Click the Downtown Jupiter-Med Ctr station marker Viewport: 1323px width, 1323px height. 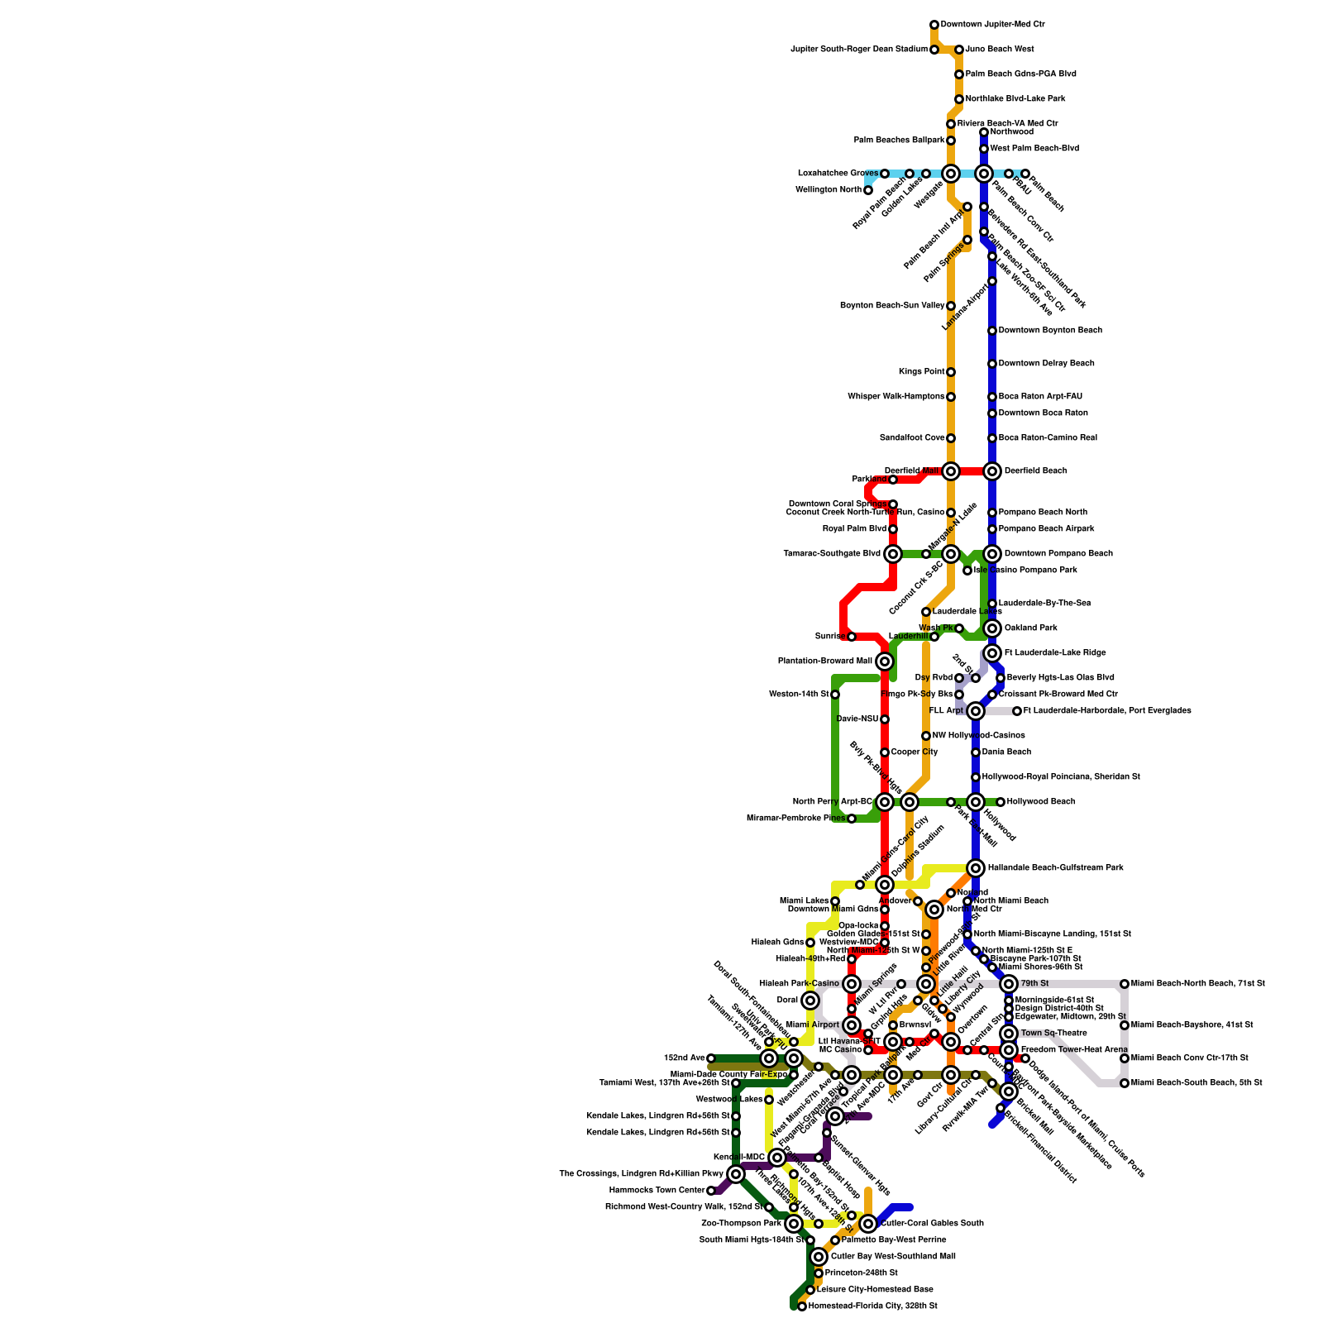tap(934, 25)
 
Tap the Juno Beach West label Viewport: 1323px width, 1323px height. tap(999, 50)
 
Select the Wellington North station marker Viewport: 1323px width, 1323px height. tap(868, 190)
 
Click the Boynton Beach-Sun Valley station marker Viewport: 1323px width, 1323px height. tap(951, 306)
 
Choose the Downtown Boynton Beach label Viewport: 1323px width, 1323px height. tap(1050, 331)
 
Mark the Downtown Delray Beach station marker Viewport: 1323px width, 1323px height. tap(992, 364)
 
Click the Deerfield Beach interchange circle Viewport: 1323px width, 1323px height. tap(992, 471)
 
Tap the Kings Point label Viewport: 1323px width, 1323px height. tap(921, 372)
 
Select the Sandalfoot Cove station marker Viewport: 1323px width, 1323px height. tap(951, 438)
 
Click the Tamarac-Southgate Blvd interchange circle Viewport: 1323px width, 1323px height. tap(893, 554)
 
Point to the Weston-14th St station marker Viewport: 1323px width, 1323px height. tap(835, 695)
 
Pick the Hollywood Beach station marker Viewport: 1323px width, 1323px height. tap(1001, 802)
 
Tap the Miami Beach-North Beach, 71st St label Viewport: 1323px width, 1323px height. tap(1197, 984)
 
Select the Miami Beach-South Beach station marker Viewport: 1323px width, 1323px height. tap(1125, 1083)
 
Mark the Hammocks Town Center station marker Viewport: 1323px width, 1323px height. tap(711, 1191)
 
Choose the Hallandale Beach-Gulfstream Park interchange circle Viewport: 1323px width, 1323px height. tap(976, 868)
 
